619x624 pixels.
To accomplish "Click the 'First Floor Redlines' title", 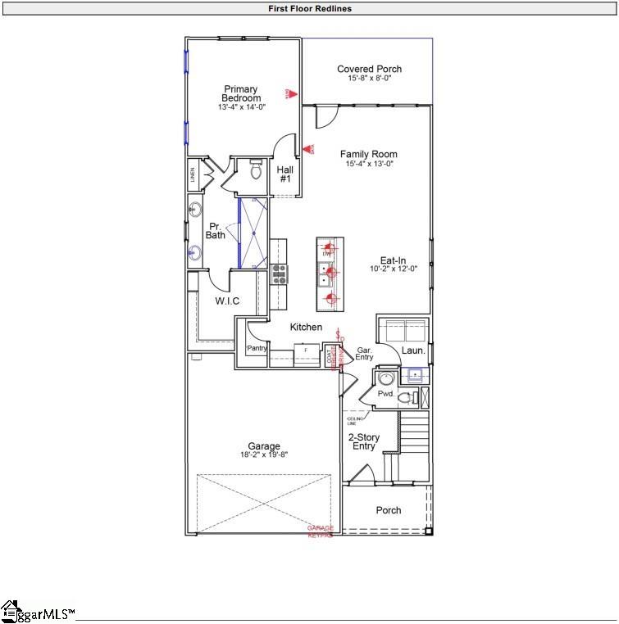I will click(309, 9).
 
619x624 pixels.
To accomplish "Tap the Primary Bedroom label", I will click(241, 93).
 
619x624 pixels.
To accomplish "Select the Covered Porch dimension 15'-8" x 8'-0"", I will click(369, 79).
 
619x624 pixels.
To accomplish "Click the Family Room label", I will click(369, 154).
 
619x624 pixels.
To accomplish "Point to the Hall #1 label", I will click(285, 174).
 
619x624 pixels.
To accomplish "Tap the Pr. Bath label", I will click(215, 230).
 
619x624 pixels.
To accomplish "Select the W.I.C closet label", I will click(227, 301).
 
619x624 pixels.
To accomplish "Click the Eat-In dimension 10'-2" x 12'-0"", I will click(387, 269).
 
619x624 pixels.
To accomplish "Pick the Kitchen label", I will click(306, 327).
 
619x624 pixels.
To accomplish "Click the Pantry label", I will click(257, 348).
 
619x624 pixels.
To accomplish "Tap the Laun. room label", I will click(413, 350).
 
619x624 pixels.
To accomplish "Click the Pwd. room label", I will click(386, 394).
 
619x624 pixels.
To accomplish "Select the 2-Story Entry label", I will click(364, 442).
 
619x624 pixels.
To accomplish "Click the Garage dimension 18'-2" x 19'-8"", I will click(263, 454).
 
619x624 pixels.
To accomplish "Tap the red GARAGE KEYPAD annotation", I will click(320, 531).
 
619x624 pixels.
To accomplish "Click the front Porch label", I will click(389, 510).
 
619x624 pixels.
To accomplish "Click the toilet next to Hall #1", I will click(254, 170).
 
